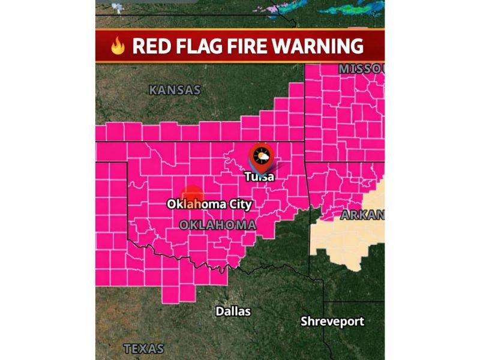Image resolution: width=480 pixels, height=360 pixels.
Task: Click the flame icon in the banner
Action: click(x=118, y=46)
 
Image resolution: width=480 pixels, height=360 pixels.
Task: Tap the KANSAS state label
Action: click(x=174, y=91)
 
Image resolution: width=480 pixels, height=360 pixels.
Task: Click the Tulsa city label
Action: click(x=259, y=176)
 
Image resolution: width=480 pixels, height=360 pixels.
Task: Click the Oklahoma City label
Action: click(x=209, y=204)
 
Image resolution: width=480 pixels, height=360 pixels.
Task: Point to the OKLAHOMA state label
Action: click(x=218, y=224)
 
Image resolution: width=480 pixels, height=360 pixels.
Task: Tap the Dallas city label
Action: click(x=233, y=311)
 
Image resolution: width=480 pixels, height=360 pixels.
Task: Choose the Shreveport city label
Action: click(x=332, y=322)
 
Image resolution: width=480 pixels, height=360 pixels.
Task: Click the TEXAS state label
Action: click(x=143, y=348)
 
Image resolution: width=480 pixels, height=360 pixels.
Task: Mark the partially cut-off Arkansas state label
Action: click(x=362, y=214)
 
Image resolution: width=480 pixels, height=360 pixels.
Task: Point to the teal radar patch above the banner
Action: click(x=360, y=7)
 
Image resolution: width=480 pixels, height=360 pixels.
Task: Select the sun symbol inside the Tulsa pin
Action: click(x=261, y=156)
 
